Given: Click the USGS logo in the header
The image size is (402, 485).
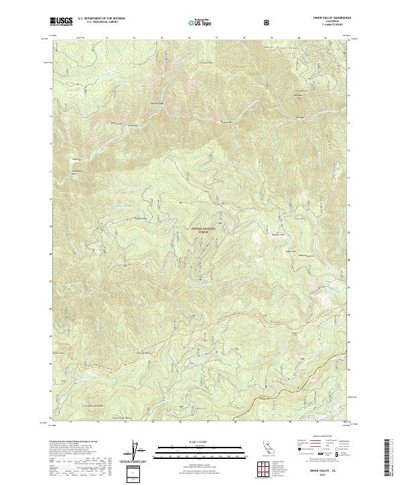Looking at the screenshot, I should click(x=61, y=21).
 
